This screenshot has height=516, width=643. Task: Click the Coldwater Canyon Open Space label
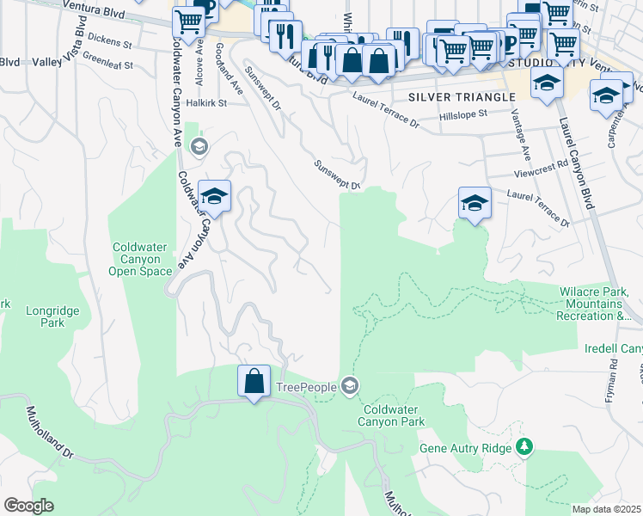[142, 259]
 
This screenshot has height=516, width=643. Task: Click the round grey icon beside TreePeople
[348, 385]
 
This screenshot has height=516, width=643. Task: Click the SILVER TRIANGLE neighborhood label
[450, 96]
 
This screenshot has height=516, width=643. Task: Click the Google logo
[28, 506]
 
